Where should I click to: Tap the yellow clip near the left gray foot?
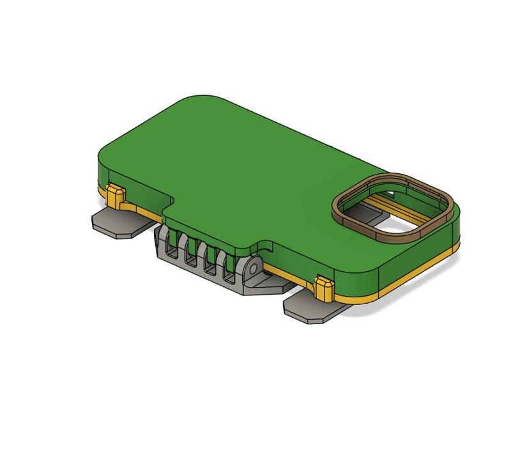115,196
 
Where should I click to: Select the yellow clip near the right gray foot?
324,288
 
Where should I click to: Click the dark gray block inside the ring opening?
361,211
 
